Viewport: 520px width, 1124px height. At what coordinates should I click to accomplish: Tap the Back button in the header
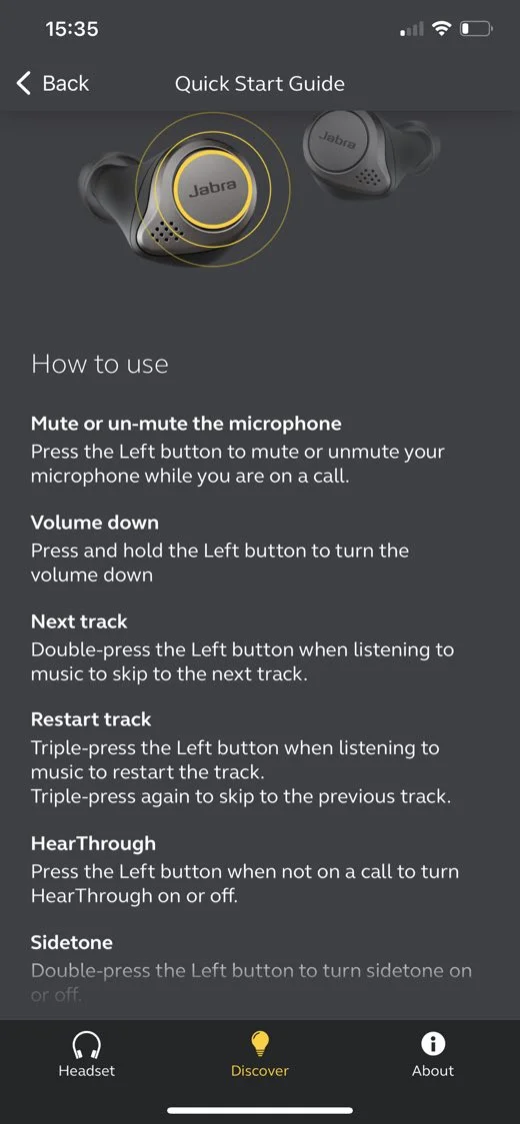54,84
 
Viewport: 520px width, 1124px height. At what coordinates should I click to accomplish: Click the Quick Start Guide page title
260,84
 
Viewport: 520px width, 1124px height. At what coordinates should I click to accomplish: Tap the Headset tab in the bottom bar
86,1054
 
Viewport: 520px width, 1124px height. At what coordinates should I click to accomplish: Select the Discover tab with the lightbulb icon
260,1054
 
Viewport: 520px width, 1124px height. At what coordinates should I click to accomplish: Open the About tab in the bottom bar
433,1054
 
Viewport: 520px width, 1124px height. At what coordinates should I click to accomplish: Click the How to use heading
100,364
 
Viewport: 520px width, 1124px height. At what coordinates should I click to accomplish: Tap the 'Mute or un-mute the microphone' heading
186,424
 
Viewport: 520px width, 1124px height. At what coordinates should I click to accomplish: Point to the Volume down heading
95,523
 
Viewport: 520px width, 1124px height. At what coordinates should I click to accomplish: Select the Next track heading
80,621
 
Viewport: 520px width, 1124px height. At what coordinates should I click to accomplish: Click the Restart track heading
91,719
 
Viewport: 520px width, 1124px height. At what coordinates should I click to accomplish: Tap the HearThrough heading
93,843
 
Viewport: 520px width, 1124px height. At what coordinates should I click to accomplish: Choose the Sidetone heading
72,942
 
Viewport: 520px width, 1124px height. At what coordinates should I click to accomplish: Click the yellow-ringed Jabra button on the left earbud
212,186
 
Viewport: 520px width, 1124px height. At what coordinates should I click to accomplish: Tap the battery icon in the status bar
476,29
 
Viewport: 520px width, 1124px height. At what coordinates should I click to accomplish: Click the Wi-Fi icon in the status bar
441,29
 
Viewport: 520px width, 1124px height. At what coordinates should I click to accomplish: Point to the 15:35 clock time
72,29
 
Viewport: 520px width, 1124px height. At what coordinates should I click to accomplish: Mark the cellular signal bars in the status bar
411,30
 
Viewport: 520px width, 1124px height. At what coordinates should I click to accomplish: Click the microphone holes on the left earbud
167,229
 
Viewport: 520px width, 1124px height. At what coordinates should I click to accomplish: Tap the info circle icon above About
433,1043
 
